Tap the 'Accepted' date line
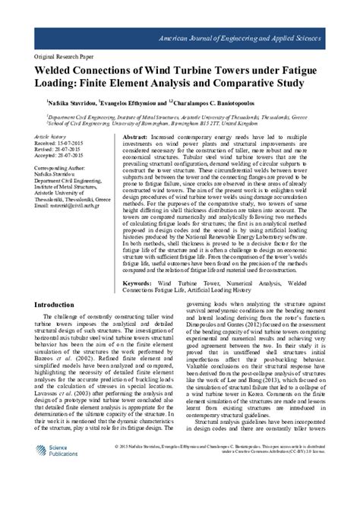click(x=58, y=156)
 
